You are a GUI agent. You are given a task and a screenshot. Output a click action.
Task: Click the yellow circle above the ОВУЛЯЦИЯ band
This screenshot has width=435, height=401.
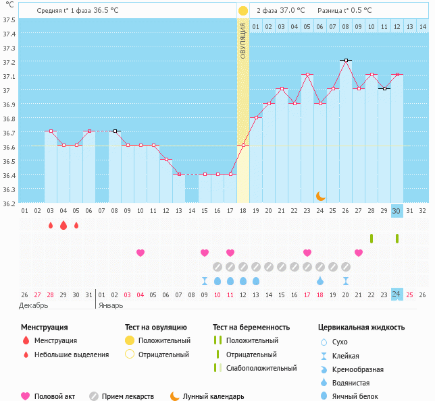tap(243, 11)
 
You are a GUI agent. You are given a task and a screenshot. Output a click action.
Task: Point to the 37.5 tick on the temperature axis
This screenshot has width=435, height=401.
tap(9, 20)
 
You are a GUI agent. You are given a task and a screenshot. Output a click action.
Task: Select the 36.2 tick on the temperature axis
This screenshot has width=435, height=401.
tap(9, 203)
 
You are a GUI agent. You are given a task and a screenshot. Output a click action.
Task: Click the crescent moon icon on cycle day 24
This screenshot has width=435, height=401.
tap(320, 196)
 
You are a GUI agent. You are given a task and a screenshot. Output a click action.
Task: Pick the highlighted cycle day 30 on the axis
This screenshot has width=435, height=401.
tap(397, 210)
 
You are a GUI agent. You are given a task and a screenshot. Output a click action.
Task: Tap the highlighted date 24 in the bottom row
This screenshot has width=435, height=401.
tap(397, 294)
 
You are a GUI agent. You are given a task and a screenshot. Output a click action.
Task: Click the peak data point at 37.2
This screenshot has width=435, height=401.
tap(346, 60)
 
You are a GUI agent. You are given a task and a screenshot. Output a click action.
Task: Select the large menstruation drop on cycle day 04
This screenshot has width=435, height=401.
tap(63, 225)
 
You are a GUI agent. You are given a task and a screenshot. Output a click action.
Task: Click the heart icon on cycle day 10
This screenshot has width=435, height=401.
tap(140, 253)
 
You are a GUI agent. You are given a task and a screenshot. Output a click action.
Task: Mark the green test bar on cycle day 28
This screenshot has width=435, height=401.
tap(372, 239)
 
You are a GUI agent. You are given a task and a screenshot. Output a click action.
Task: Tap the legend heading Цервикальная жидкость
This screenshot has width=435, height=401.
tap(361, 327)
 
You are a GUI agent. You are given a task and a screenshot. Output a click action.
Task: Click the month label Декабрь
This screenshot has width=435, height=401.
tap(34, 305)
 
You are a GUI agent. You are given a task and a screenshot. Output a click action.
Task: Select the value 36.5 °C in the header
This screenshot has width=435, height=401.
tap(105, 10)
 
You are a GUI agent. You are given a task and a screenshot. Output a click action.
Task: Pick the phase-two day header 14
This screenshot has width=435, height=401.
tap(422, 26)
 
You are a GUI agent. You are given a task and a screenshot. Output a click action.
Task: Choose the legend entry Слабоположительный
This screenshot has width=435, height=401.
tap(261, 368)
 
